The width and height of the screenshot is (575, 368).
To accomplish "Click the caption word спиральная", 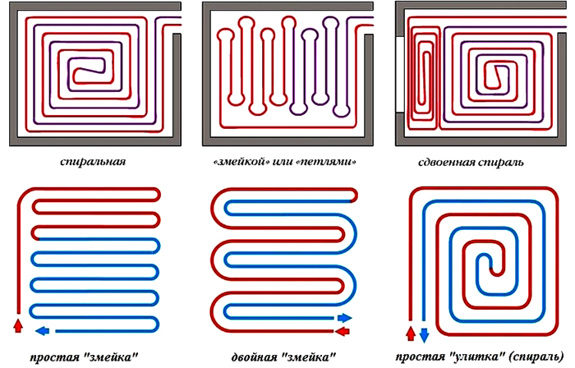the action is click(x=93, y=162).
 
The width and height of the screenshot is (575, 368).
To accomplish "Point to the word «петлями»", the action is click(x=325, y=162).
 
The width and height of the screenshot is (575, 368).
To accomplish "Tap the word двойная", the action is click(x=255, y=357).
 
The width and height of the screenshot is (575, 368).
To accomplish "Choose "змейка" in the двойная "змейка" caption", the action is click(x=309, y=356).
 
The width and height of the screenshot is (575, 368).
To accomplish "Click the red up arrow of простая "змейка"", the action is click(x=17, y=325).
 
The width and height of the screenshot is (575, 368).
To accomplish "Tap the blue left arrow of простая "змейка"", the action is click(x=43, y=330).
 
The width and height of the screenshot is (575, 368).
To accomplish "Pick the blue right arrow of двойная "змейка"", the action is click(x=344, y=318).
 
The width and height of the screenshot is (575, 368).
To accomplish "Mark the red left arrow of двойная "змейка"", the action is click(x=343, y=332).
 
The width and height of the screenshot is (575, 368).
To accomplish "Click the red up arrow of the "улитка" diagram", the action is click(x=411, y=333).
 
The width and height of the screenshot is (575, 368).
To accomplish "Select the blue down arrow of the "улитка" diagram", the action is click(x=425, y=335).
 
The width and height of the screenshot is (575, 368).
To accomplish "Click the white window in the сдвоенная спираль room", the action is click(x=400, y=74).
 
